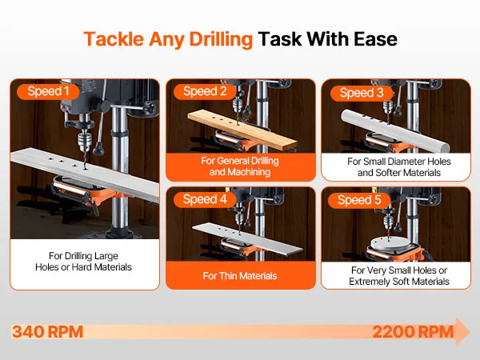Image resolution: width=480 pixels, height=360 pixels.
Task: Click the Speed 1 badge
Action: click(48, 91)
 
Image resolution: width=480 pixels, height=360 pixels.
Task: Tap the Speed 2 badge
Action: click(205, 91)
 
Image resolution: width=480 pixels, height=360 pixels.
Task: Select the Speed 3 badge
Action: click(362, 93)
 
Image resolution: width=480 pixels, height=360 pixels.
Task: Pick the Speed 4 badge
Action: click(205, 199)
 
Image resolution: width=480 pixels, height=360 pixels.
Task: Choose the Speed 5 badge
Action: click(359, 200)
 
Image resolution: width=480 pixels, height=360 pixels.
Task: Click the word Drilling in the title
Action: click(221, 39)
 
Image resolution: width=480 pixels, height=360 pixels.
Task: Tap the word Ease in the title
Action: click(375, 39)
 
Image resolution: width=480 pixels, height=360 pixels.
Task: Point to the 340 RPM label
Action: click(47, 332)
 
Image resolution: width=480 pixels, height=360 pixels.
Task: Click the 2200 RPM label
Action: click(413, 332)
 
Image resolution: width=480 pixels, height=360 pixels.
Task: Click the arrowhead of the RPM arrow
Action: click(462, 331)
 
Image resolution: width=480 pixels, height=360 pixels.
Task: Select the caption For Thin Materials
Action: click(240, 276)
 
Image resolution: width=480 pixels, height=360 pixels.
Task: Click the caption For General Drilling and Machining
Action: click(240, 166)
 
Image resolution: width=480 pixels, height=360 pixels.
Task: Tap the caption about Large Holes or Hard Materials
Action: click(83, 262)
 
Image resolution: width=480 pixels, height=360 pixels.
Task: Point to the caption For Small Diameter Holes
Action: click(399, 167)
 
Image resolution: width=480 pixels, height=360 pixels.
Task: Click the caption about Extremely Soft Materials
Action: click(399, 276)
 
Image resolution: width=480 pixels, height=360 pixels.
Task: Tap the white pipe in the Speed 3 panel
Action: click(395, 130)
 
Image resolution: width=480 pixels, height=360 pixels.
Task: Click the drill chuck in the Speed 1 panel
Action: click(83, 141)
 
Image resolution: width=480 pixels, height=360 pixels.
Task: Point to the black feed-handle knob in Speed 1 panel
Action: click(98, 149)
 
